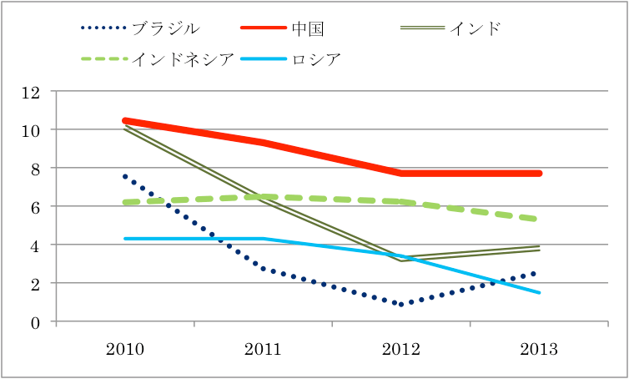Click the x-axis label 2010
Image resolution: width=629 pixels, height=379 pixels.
(125, 348)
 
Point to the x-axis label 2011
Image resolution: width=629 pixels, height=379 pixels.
(263, 348)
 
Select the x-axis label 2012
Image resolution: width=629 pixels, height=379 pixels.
(401, 348)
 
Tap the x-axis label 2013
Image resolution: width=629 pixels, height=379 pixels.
(539, 348)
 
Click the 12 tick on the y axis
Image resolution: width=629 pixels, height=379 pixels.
(31, 92)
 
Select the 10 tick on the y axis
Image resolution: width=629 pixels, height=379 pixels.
(31, 130)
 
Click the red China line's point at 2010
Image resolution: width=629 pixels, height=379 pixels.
(125, 121)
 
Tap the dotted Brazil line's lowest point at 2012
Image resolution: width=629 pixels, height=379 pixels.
(401, 305)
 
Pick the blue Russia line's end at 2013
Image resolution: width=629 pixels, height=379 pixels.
(539, 292)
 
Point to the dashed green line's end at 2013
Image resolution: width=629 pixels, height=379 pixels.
(539, 220)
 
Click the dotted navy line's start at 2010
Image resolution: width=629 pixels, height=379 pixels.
(125, 176)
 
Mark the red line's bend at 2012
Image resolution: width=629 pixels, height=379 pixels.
(401, 173)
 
